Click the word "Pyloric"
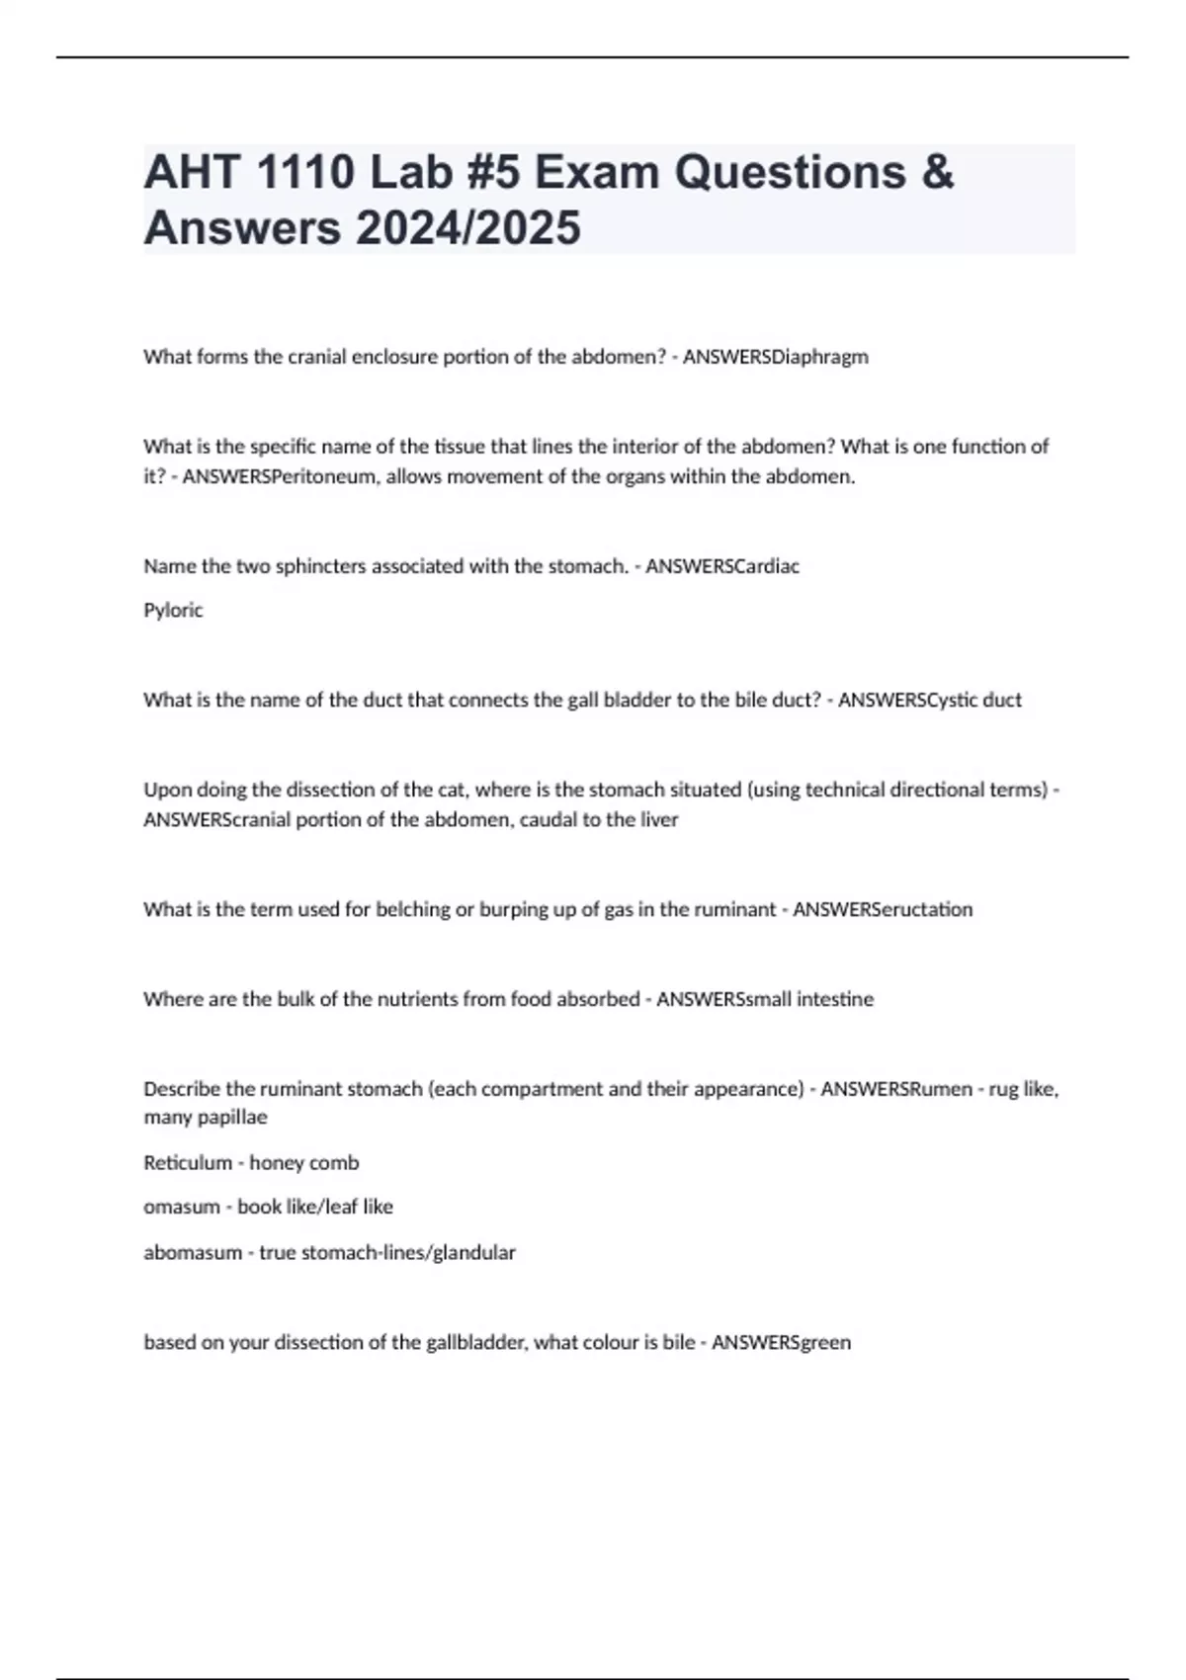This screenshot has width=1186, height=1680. [173, 611]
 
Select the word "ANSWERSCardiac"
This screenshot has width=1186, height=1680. [722, 566]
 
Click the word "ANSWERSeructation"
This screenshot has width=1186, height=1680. [883, 909]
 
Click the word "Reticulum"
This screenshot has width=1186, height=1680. [188, 1163]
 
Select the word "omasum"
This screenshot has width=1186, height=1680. [182, 1207]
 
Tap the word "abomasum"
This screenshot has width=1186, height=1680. [194, 1252]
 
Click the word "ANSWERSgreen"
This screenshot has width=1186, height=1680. [781, 1342]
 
